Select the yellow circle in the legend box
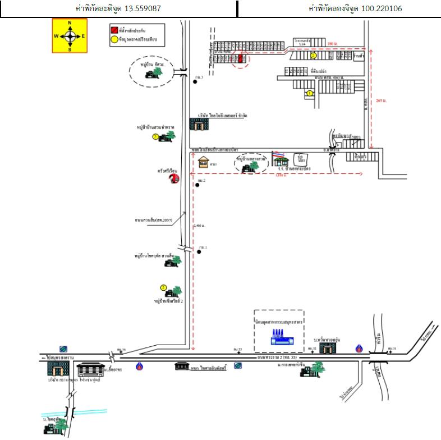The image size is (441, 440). pyautogui.click(x=114, y=39)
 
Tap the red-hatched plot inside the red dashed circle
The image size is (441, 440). pyautogui.click(x=241, y=57)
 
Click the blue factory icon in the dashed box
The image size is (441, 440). pyautogui.click(x=278, y=337)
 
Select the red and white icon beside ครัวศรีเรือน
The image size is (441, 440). pyautogui.click(x=174, y=178)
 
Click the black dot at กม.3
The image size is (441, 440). pyautogui.click(x=195, y=81)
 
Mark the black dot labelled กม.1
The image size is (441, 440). pyautogui.click(x=199, y=252)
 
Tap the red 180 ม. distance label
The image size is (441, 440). pyautogui.click(x=333, y=43)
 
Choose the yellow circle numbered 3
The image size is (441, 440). pyautogui.click(x=155, y=136)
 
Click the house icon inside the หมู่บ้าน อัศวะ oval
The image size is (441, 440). pyautogui.click(x=150, y=74)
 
